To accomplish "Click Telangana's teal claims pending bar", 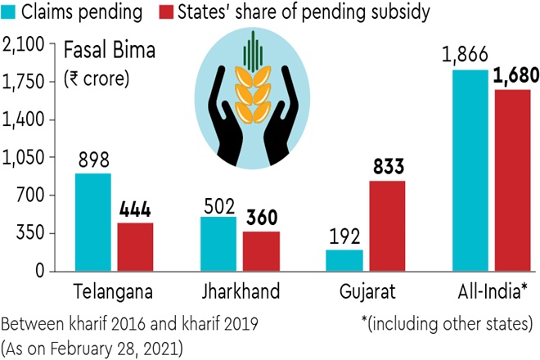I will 93,223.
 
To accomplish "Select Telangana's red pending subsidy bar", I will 135,247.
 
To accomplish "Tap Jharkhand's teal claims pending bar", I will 218,244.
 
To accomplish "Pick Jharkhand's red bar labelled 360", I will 261,251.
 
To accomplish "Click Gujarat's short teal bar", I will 344,260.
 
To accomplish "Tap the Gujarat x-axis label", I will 366,292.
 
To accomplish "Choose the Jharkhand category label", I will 240,292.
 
